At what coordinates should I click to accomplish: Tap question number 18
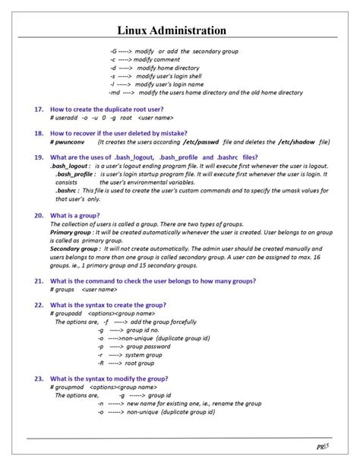tap(38, 133)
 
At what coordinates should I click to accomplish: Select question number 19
tap(38, 157)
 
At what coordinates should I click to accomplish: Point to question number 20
tap(38, 216)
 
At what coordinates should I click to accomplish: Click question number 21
tap(38, 281)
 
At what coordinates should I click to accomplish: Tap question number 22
tap(38, 304)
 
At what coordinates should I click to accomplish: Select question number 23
tap(38, 378)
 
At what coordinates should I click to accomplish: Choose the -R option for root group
tap(101, 363)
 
